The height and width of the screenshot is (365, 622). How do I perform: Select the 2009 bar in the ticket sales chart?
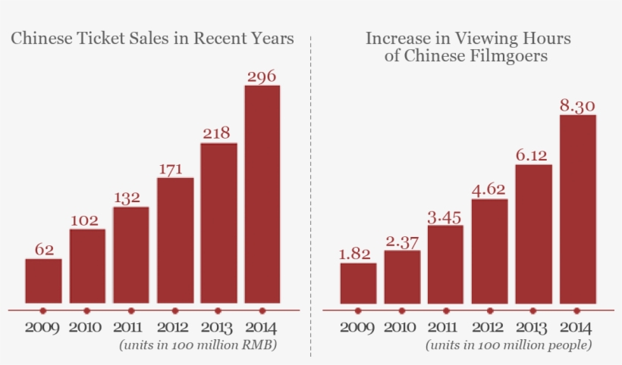(x=43, y=281)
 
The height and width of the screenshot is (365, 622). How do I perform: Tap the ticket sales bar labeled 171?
(x=175, y=240)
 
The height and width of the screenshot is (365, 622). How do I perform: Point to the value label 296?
(x=262, y=76)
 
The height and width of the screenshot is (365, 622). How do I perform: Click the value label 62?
(x=43, y=249)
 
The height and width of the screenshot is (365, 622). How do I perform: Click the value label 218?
(x=218, y=133)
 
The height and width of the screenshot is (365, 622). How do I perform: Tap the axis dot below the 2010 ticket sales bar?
(x=86, y=310)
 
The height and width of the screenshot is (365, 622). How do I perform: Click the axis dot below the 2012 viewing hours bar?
(x=489, y=310)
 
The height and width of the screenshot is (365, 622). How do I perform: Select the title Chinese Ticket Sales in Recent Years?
(x=152, y=39)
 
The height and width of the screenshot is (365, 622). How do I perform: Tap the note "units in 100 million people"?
(x=509, y=345)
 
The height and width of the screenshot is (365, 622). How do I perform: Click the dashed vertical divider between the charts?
(x=310, y=189)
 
